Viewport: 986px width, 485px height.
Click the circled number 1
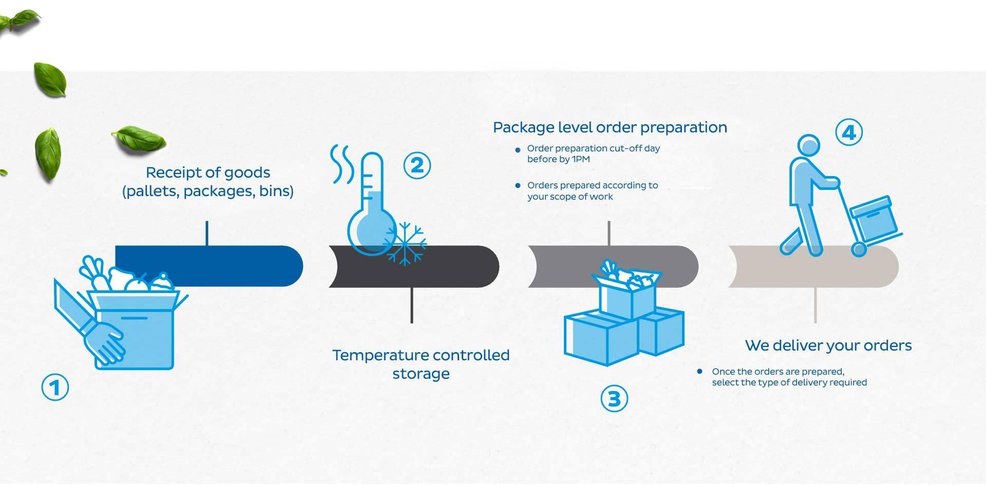tap(55, 387)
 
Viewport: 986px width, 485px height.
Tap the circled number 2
tap(417, 165)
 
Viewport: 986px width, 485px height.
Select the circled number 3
tap(614, 398)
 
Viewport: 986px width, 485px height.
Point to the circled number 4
tap(849, 132)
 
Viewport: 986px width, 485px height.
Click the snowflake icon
tap(405, 244)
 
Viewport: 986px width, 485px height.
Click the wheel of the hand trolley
tap(859, 249)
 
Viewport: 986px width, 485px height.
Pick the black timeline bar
tap(414, 266)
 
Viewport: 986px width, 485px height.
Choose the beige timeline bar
tap(813, 266)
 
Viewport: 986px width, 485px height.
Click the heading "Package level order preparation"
tap(610, 127)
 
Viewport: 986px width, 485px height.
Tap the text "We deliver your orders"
tap(828, 345)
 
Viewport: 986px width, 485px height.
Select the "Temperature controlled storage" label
tap(421, 364)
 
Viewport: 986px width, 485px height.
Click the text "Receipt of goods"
tap(208, 172)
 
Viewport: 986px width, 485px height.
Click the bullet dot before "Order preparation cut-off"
tap(518, 150)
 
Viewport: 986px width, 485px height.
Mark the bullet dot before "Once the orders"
tap(699, 371)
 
